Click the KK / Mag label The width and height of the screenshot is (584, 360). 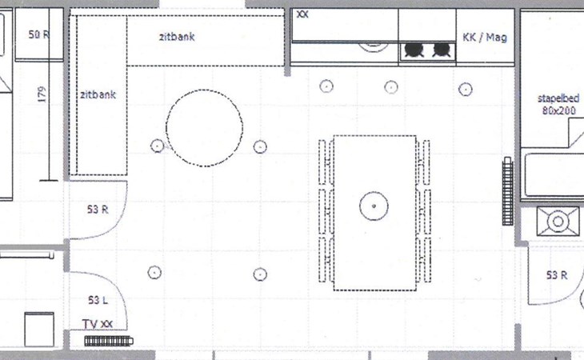pos(485,38)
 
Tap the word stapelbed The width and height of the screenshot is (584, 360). pos(558,98)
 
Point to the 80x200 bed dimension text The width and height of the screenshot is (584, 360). pos(558,110)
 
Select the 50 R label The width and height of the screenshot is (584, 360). pos(38,34)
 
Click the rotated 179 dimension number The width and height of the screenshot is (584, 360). pos(42,94)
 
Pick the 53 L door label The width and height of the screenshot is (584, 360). pos(98,300)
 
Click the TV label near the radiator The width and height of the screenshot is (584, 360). pos(90,324)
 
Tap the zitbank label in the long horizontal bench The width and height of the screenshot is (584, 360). pos(177,37)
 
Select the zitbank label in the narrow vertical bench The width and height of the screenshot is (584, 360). pos(98,95)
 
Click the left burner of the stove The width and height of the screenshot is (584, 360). pos(414,50)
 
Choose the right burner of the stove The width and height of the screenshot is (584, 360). pos(442,50)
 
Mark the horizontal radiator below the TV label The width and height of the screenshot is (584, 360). pos(109,341)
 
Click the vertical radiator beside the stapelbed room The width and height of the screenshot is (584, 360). pos(507,191)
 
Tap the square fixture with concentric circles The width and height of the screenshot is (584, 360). pos(558,222)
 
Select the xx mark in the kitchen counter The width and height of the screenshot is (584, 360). pos(302,14)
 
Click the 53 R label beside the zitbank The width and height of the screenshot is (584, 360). pos(98,210)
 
